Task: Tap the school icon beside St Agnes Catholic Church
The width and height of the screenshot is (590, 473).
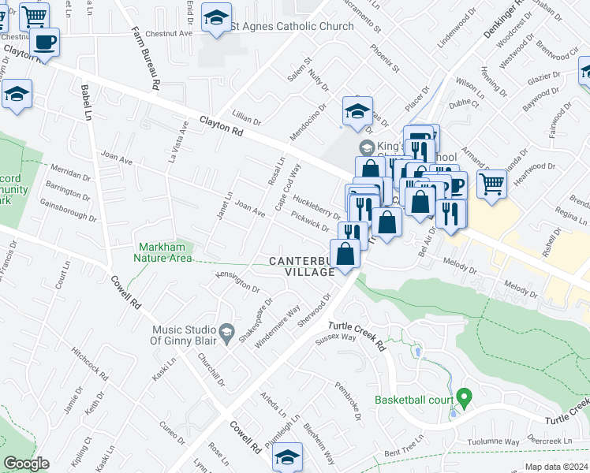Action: pos(215,19)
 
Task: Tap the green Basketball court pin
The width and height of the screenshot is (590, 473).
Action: pos(465,397)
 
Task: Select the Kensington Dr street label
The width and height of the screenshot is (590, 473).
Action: pos(237,282)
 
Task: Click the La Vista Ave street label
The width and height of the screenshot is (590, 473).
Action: pos(178,141)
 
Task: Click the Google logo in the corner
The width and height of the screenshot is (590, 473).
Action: pos(26,464)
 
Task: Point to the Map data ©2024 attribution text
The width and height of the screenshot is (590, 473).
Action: pos(555,467)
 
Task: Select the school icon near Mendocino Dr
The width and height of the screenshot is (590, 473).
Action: pos(357,112)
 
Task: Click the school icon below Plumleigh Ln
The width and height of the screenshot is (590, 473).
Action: pos(288,457)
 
